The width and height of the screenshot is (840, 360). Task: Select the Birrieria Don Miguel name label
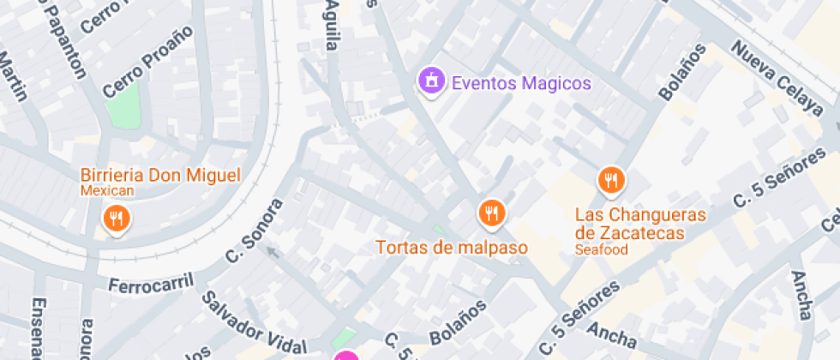pos(160,175)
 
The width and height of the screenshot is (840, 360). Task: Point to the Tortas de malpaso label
pos(452,248)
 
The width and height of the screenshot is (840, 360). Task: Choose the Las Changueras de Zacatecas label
pos(640,223)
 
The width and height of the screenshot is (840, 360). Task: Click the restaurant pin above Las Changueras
pos(610,180)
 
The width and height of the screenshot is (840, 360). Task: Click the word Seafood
pos(602,250)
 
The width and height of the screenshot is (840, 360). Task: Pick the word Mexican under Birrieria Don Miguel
pos(107,191)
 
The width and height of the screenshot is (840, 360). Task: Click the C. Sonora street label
pos(254,231)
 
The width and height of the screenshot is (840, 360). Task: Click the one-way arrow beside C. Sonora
pos(272,252)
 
